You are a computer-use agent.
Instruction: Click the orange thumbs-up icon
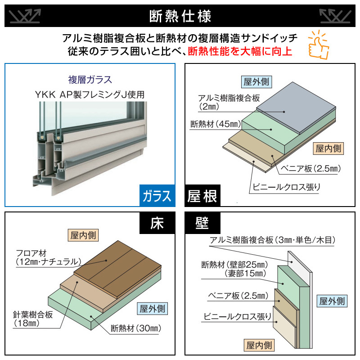click(x=319, y=45)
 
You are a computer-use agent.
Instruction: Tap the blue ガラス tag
click(x=157, y=196)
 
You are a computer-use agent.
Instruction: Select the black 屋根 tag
click(x=202, y=196)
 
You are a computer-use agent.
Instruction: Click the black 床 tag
click(x=157, y=223)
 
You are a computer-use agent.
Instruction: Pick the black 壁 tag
click(x=202, y=223)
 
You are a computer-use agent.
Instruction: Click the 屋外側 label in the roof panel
click(x=256, y=82)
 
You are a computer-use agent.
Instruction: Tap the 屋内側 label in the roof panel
click(x=328, y=148)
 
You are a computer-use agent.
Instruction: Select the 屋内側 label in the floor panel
click(x=83, y=235)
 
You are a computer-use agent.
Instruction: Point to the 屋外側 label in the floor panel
click(x=153, y=309)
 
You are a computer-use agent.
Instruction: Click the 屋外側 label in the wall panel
click(x=332, y=301)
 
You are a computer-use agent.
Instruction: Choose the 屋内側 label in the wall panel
click(x=259, y=345)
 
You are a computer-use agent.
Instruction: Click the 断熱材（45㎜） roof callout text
click(x=216, y=124)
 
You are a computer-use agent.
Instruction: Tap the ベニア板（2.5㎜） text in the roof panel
click(x=311, y=168)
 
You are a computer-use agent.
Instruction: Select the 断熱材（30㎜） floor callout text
click(x=136, y=328)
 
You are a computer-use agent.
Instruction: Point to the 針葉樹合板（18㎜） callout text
click(x=33, y=319)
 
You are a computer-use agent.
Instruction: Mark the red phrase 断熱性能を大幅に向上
click(x=240, y=51)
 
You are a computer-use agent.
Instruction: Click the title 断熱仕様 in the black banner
click(x=180, y=16)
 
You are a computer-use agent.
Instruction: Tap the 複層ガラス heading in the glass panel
click(x=90, y=80)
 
